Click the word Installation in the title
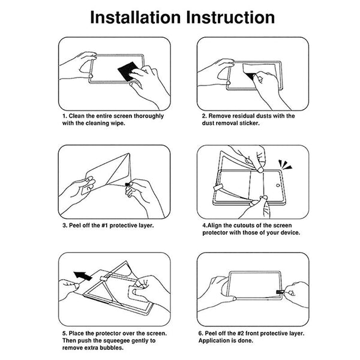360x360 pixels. [x=136, y=17]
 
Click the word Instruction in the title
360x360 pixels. [x=230, y=17]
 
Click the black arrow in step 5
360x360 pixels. [x=83, y=275]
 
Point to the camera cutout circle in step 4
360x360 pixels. [x=278, y=185]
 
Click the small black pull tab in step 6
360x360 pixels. [x=280, y=292]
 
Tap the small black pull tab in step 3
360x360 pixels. [x=127, y=184]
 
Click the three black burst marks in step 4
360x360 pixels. [x=284, y=165]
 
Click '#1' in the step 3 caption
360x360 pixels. [x=104, y=226]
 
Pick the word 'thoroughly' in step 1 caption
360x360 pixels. [x=149, y=116]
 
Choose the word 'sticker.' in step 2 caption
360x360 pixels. [x=250, y=123]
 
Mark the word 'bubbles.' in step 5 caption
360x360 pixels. [x=112, y=347]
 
